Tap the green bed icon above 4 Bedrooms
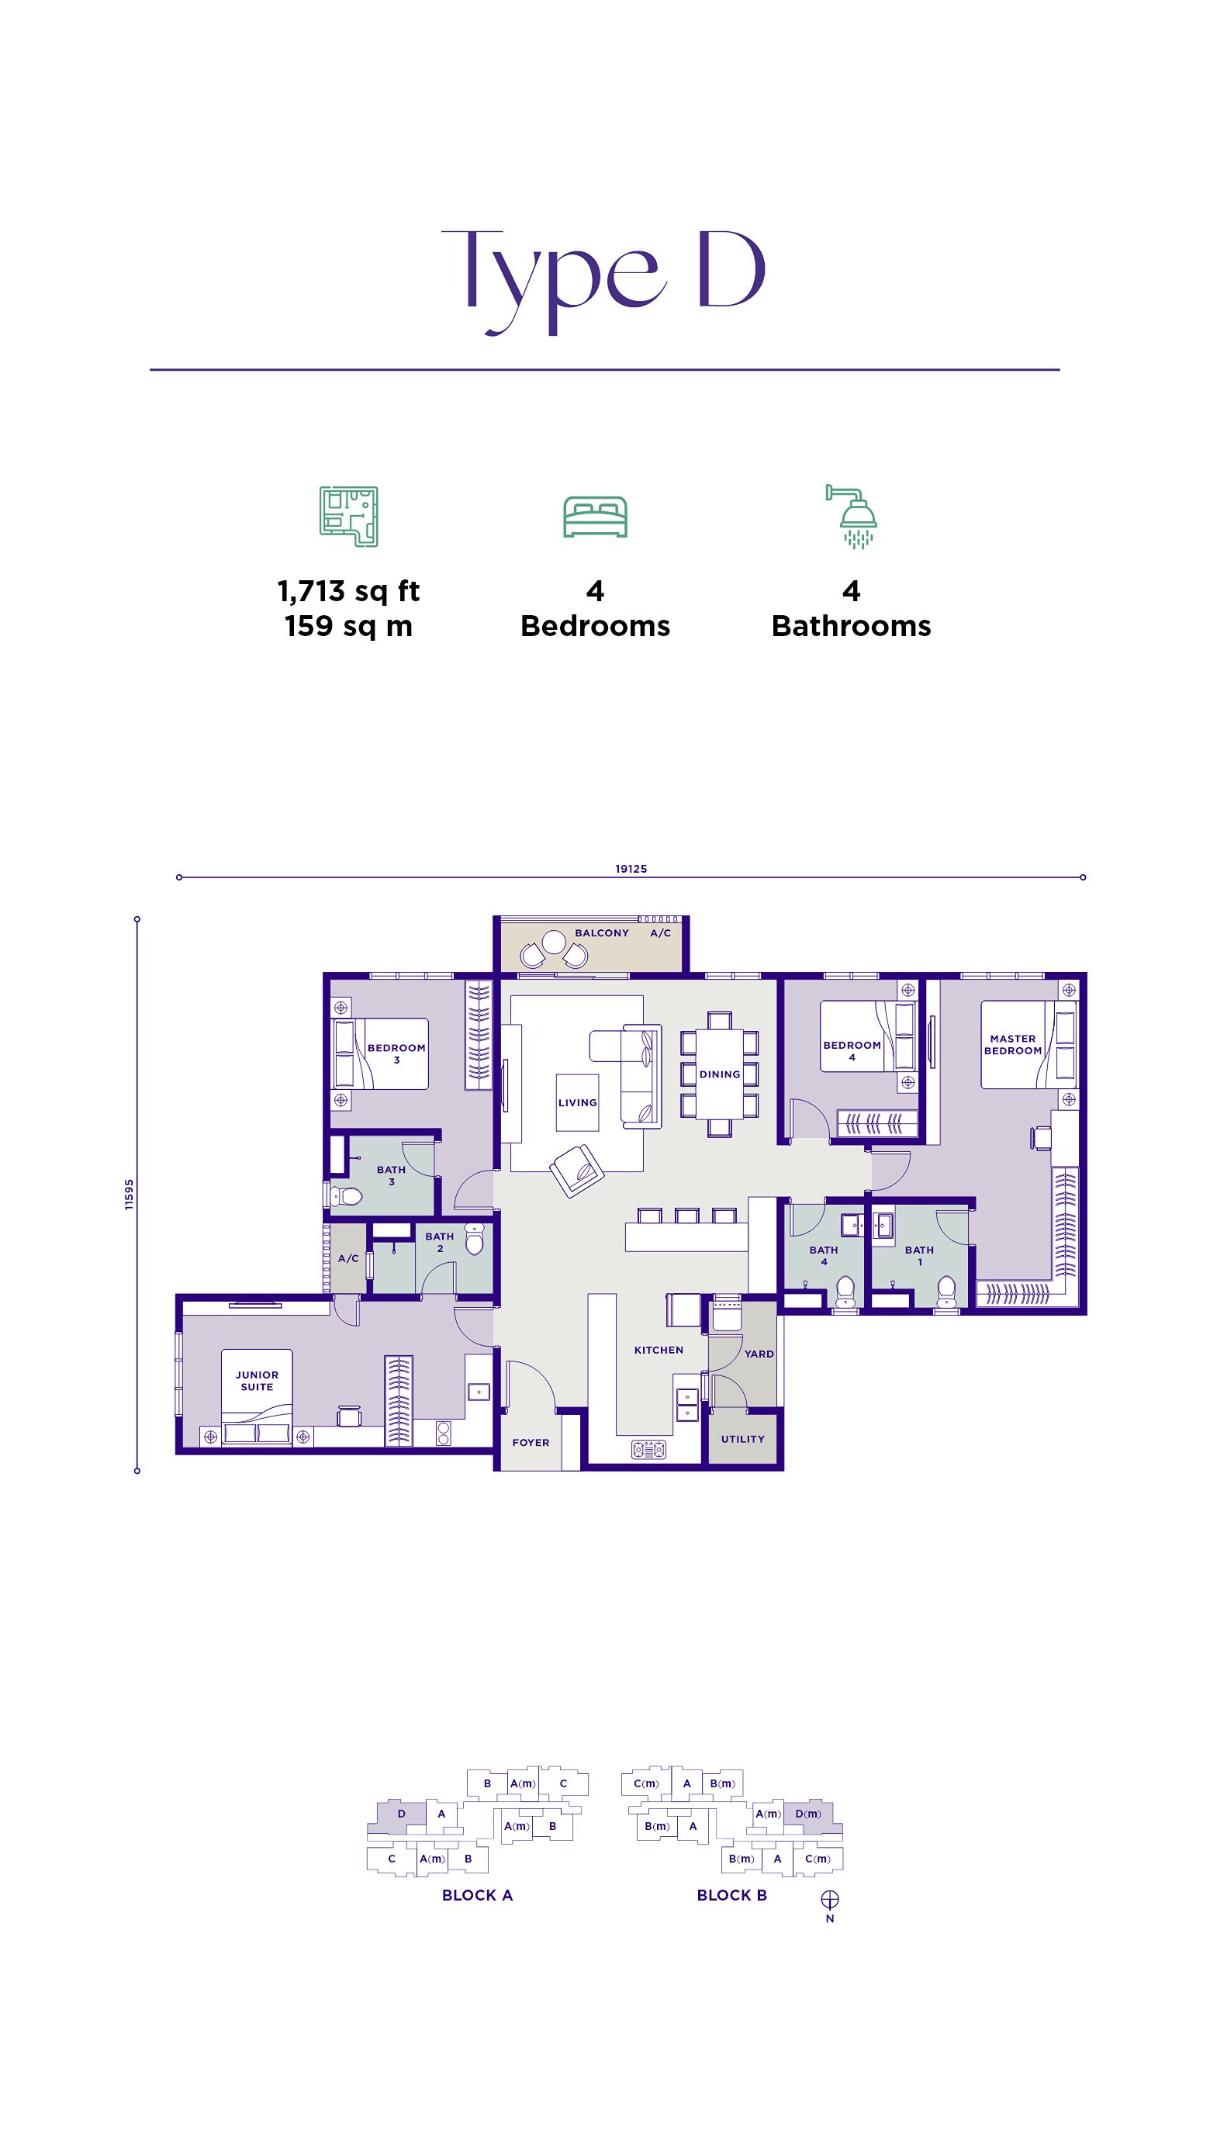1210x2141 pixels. pos(595,517)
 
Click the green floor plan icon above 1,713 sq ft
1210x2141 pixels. pos(349,516)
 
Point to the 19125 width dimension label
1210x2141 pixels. pos(631,869)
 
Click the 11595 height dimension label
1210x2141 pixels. pos(129,1195)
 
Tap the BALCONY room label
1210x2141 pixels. pos(602,933)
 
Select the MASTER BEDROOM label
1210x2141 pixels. pos(1012,1045)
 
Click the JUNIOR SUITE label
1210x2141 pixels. pos(257,1381)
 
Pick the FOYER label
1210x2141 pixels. pos(531,1442)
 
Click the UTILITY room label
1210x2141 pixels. pos(742,1439)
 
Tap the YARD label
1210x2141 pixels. pos(759,1354)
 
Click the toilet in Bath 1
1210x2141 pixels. pos(946,1291)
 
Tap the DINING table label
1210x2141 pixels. pos(719,1074)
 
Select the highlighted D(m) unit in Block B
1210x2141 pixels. pos(807,1814)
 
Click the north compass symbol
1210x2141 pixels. pos(829,1900)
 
